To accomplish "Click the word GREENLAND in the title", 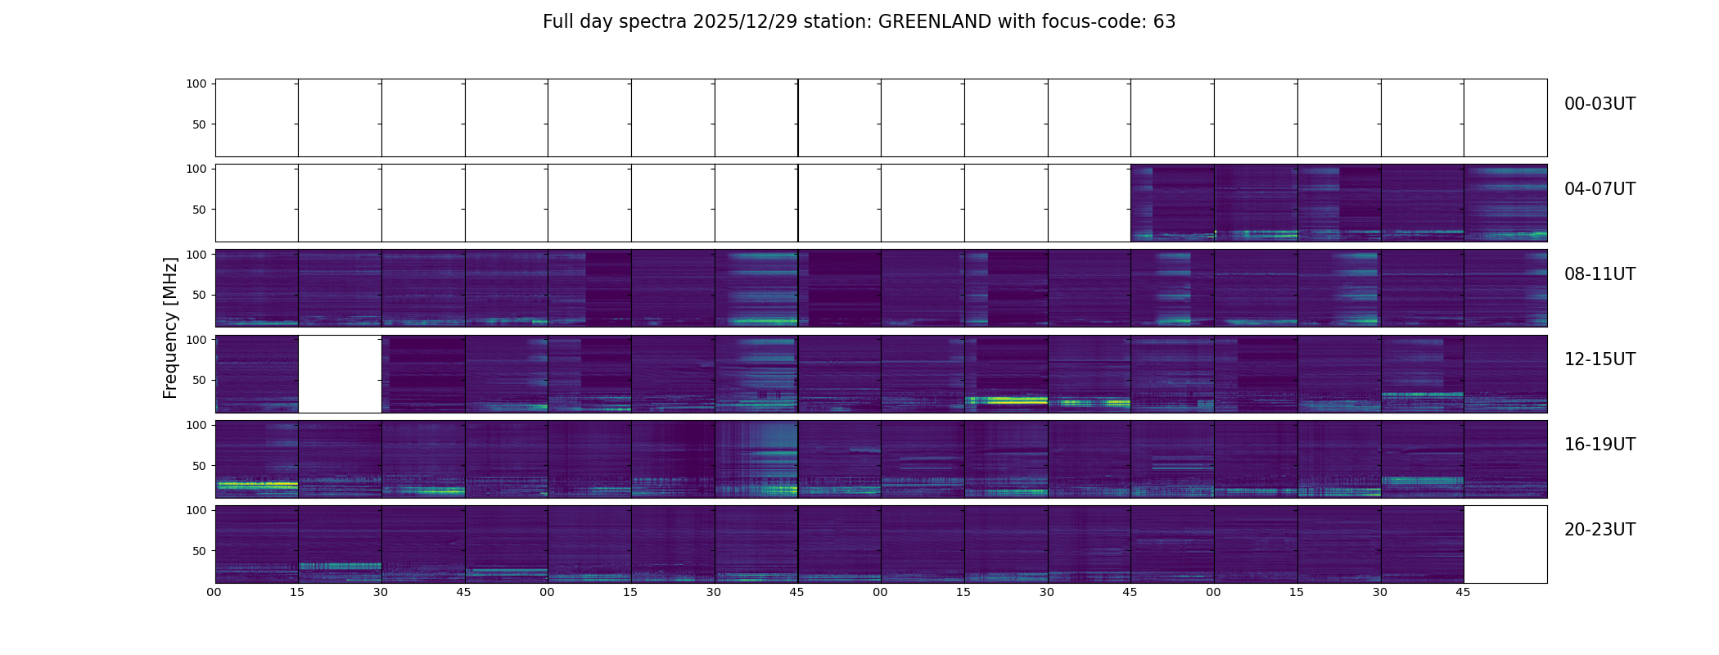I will click(x=934, y=22).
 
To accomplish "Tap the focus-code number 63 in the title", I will click(x=1164, y=22).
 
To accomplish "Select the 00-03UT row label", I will click(x=1599, y=104).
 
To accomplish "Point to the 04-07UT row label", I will click(x=1599, y=189).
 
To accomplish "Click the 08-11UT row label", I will click(x=1599, y=274).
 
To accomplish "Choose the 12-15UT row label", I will click(x=1599, y=359).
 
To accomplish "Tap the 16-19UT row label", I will click(x=1599, y=445).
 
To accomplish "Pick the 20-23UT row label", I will click(x=1599, y=530).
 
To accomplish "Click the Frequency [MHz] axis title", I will click(x=170, y=327).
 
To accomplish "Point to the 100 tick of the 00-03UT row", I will click(x=196, y=84).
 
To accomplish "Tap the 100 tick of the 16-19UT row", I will click(x=196, y=425).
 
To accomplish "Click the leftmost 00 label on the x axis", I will click(x=214, y=592).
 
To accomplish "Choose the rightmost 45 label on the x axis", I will click(x=1463, y=592).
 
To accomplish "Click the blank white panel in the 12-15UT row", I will click(x=340, y=374).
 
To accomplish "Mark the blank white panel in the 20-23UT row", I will click(x=1505, y=544).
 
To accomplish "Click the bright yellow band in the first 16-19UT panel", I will click(x=256, y=485).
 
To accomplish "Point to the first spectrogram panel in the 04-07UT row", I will click(x=1172, y=203).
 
